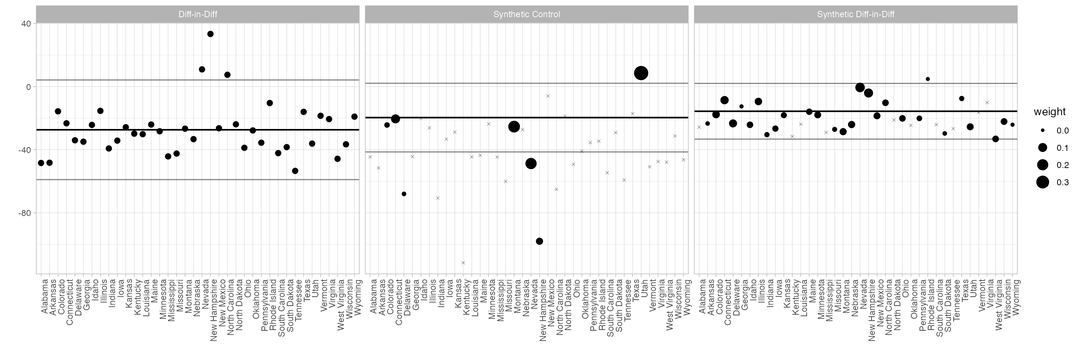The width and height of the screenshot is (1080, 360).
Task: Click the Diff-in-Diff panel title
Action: (198, 14)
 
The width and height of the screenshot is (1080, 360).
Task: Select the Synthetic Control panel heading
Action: (526, 14)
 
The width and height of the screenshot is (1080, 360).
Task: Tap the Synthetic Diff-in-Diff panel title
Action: (856, 14)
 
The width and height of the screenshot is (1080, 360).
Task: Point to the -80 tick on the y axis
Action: (24, 213)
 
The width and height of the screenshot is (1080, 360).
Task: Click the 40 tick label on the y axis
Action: (26, 24)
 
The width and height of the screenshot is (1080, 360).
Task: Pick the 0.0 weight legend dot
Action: (1042, 131)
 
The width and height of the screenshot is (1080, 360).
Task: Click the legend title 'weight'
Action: (1049, 111)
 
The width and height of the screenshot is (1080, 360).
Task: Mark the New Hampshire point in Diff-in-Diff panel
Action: (210, 34)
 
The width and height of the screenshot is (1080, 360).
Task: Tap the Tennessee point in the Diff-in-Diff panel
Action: (295, 171)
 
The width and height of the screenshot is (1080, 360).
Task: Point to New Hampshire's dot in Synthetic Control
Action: (540, 241)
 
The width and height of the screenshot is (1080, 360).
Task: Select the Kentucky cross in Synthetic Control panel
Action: (463, 263)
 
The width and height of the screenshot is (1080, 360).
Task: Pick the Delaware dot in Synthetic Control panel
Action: (404, 194)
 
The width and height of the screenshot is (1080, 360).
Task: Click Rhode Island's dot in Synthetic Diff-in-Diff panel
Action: (928, 79)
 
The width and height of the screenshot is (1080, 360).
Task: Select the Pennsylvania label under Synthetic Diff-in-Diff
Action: (922, 305)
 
